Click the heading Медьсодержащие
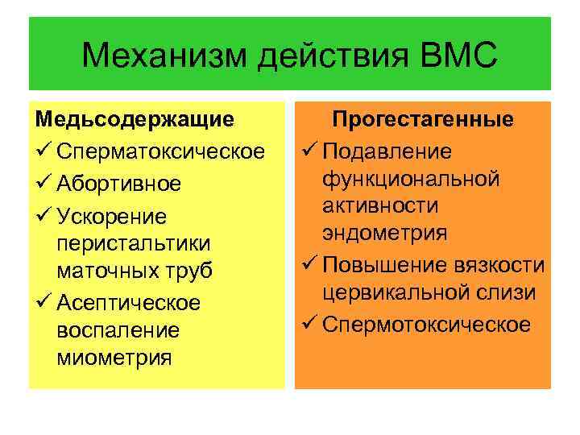click(x=135, y=119)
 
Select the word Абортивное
click(x=119, y=184)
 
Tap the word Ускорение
click(x=112, y=217)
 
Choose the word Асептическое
click(x=129, y=303)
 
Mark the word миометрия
click(x=114, y=357)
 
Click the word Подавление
click(x=388, y=151)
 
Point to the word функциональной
click(x=411, y=179)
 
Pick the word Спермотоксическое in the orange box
click(x=427, y=325)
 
